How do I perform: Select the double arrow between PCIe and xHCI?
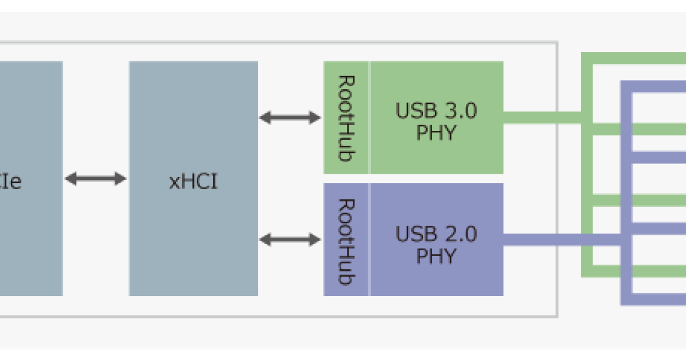[95, 179]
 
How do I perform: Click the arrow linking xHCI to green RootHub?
[290, 118]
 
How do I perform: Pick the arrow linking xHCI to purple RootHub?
[290, 239]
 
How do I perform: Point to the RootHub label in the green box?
[345, 118]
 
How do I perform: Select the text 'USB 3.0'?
[436, 111]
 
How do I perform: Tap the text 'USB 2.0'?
[436, 234]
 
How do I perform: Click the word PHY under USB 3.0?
[436, 133]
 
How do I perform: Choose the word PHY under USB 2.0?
[436, 257]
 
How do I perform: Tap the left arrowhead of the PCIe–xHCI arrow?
[70, 179]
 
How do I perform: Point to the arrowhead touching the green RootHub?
[315, 118]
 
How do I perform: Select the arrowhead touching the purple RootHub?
[315, 239]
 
